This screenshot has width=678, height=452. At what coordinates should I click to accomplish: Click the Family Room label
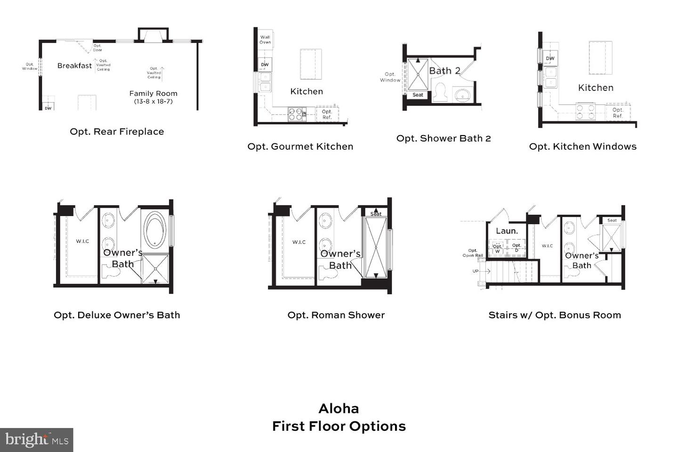click(x=153, y=94)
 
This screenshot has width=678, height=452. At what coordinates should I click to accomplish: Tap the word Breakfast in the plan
click(x=74, y=66)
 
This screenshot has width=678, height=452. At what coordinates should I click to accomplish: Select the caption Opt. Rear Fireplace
click(x=117, y=132)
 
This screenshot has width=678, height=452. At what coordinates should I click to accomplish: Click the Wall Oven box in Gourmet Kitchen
click(x=265, y=40)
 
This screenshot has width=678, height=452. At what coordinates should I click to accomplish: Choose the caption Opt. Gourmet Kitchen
click(x=300, y=146)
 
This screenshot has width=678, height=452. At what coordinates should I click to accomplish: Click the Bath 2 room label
click(x=444, y=71)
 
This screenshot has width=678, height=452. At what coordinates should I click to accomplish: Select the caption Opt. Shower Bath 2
click(x=444, y=138)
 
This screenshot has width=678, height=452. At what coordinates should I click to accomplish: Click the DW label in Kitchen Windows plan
click(x=550, y=58)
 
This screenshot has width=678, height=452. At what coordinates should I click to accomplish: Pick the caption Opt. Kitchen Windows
click(x=583, y=146)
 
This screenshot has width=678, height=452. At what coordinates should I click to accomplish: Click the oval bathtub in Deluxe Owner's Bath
click(x=154, y=230)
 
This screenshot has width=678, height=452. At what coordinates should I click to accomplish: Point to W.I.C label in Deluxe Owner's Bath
click(x=82, y=242)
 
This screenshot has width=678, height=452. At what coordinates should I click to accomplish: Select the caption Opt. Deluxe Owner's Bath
click(x=117, y=315)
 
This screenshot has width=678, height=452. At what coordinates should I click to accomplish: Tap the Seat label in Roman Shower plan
click(x=376, y=214)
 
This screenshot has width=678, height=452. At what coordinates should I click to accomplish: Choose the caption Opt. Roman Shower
click(x=336, y=315)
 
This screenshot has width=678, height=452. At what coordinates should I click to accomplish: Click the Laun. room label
click(x=507, y=231)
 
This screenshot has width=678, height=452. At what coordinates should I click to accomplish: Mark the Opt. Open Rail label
click(x=473, y=253)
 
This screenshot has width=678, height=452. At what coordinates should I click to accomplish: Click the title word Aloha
click(x=339, y=408)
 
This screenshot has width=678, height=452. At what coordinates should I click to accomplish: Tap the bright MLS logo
click(x=37, y=440)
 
